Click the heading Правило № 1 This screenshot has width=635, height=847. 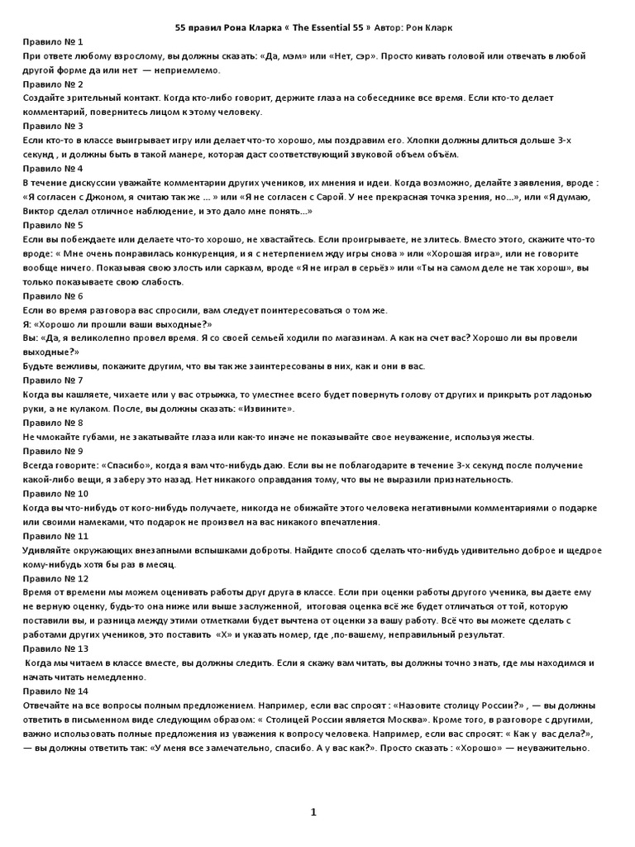pyautogui.click(x=54, y=41)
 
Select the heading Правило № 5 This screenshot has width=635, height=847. pyautogui.click(x=54, y=225)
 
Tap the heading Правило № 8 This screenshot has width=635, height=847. pyautogui.click(x=54, y=423)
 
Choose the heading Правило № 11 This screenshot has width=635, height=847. pyautogui.click(x=56, y=536)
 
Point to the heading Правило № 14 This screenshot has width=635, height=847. pyautogui.click(x=56, y=691)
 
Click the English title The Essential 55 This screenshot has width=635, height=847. pyautogui.click(x=325, y=27)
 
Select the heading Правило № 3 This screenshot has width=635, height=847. pyautogui.click(x=54, y=126)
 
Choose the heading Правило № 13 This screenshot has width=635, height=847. pyautogui.click(x=56, y=648)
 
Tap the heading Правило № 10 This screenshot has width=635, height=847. pyautogui.click(x=56, y=494)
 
